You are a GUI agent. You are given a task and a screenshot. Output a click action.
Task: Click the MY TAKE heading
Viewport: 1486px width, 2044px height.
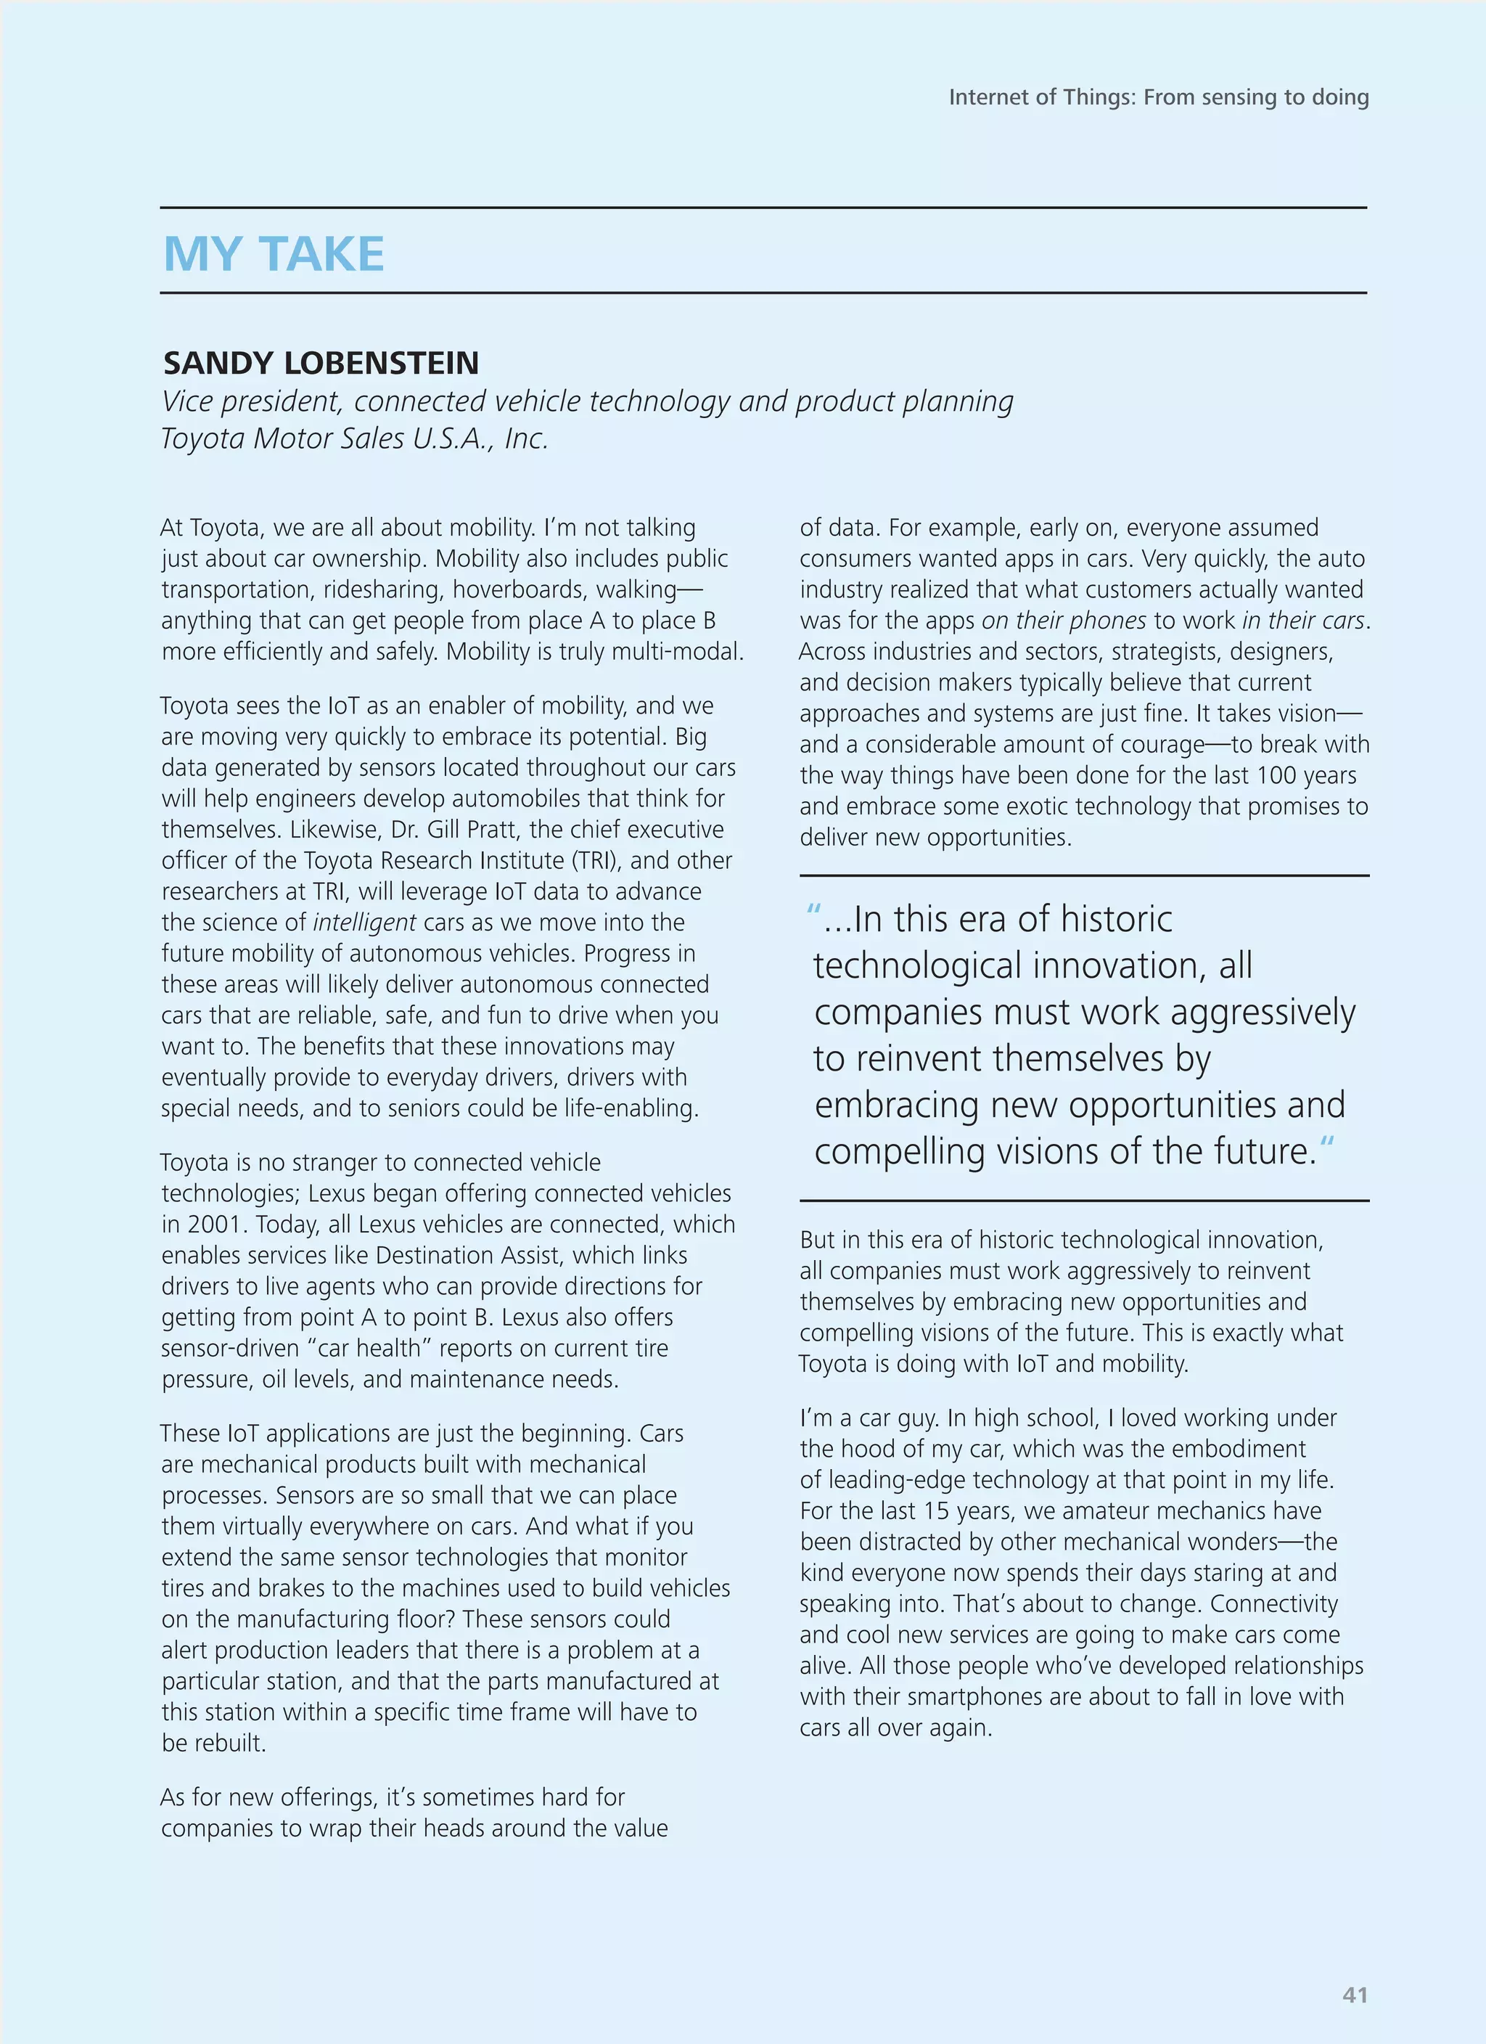point(274,254)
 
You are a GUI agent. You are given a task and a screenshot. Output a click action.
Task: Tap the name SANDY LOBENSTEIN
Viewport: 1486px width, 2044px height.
point(321,363)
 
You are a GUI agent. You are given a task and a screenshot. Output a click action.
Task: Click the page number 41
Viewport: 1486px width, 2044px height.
point(1355,1995)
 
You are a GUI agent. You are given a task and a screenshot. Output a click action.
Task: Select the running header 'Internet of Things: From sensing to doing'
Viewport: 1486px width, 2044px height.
point(1158,97)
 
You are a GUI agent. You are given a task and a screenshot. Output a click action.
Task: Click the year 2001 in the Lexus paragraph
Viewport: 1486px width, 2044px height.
point(215,1225)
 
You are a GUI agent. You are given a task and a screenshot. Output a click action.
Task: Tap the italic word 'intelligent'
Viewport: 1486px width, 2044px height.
point(364,923)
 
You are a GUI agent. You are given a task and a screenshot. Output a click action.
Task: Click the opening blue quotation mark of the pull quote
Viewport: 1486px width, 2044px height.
point(813,912)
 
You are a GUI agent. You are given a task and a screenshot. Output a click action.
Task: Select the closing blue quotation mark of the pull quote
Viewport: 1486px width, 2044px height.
point(1326,1145)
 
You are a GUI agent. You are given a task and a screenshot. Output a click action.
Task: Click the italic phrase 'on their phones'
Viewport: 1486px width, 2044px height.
point(1064,621)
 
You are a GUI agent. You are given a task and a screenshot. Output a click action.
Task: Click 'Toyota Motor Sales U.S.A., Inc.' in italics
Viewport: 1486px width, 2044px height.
point(354,439)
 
